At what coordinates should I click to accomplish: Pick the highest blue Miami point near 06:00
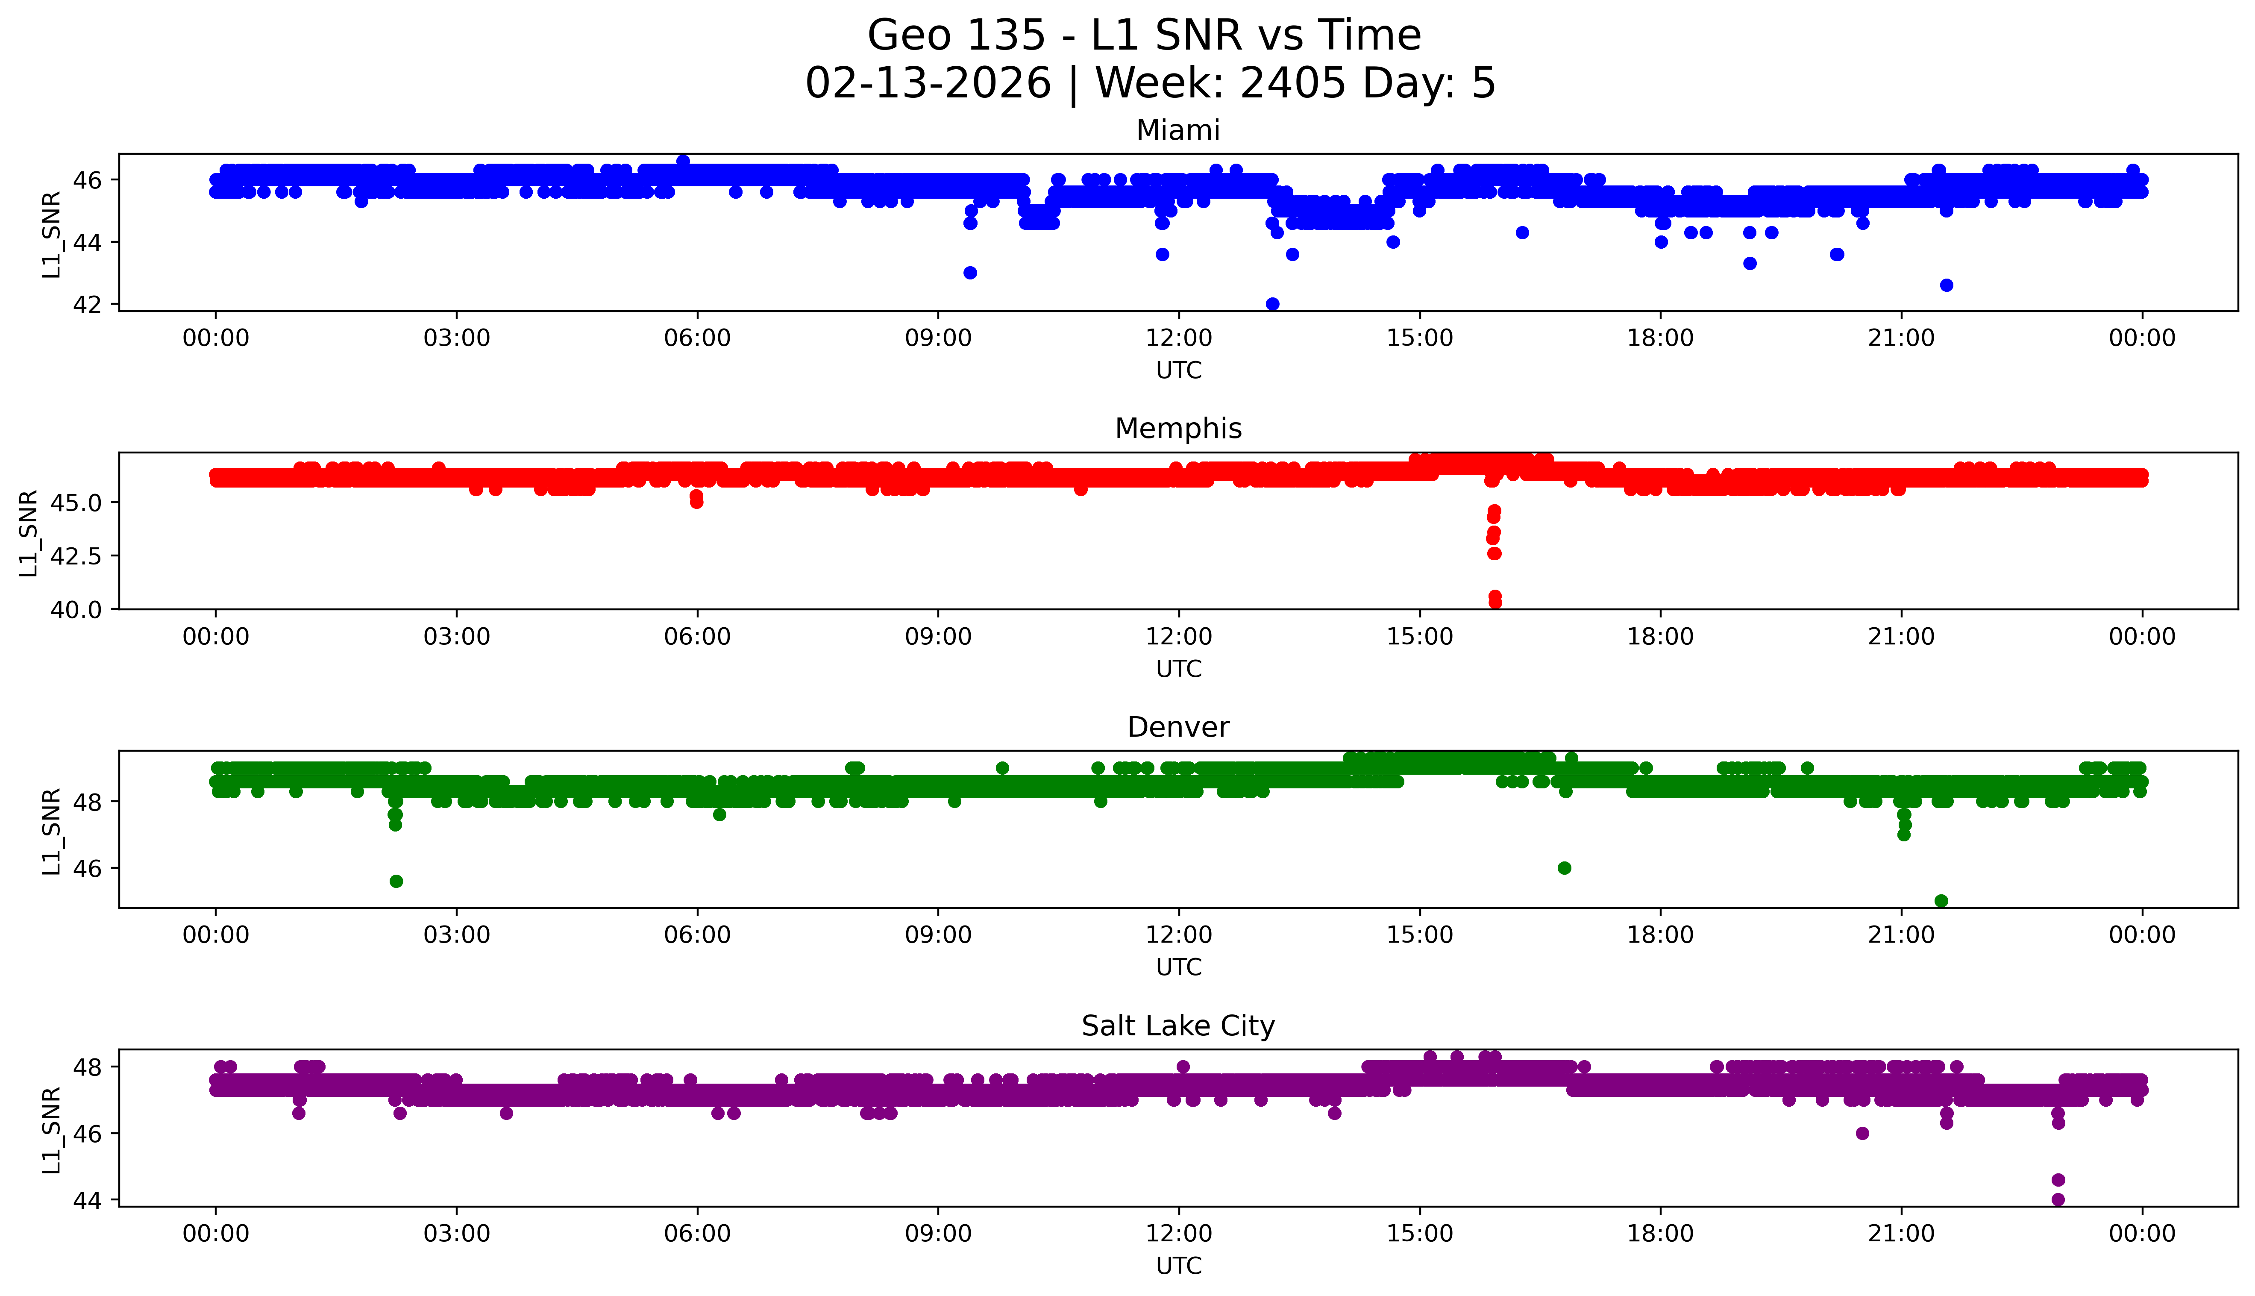(x=683, y=161)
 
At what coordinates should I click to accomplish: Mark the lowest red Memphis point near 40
(x=1495, y=602)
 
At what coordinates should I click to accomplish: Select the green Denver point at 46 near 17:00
(x=1565, y=868)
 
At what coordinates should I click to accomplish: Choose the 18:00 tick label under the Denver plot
(x=1661, y=935)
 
